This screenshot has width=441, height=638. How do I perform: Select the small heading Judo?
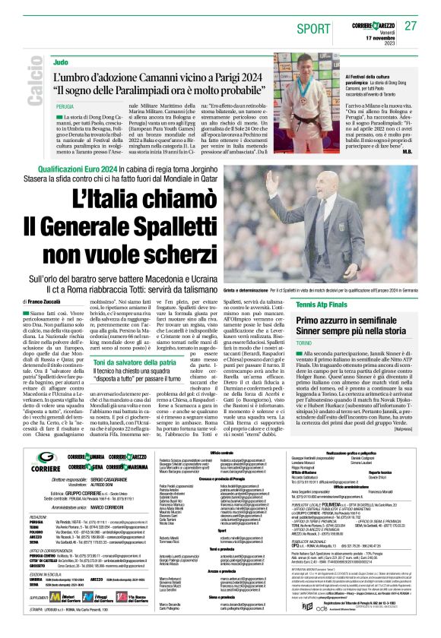(60, 60)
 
